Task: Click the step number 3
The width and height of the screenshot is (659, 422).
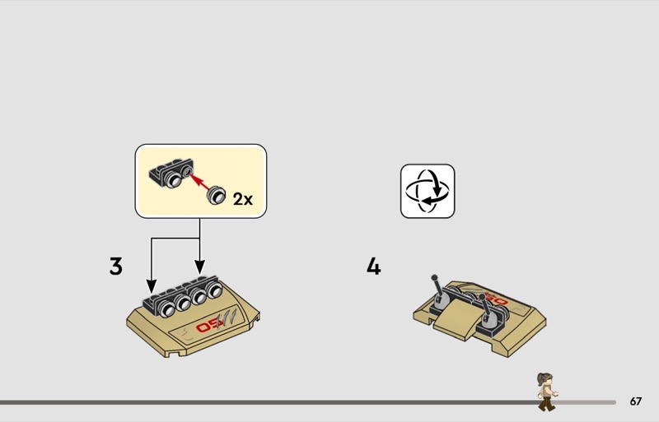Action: pos(115,267)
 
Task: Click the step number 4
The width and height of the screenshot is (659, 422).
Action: pos(374,267)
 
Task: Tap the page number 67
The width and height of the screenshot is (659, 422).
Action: pos(635,401)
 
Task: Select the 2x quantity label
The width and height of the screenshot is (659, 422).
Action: pos(243,199)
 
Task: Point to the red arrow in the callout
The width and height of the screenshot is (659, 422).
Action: pos(199,183)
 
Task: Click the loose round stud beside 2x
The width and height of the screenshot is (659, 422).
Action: pos(216,195)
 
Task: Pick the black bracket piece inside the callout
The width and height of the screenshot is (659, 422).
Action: pos(171,173)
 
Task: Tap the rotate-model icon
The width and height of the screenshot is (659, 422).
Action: pos(428,191)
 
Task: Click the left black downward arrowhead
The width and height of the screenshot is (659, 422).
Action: pos(152,286)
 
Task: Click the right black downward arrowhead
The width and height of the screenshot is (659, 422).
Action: pos(199,267)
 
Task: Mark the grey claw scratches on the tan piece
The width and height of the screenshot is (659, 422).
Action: pos(227,318)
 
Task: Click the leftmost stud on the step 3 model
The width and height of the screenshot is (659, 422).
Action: pos(168,310)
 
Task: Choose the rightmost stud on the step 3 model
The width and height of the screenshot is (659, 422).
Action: pos(214,290)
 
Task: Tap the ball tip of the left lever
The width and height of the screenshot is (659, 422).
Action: pos(434,277)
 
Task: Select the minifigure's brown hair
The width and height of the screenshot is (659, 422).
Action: pos(543,379)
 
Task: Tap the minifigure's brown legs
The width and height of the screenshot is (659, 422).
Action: pos(546,405)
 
